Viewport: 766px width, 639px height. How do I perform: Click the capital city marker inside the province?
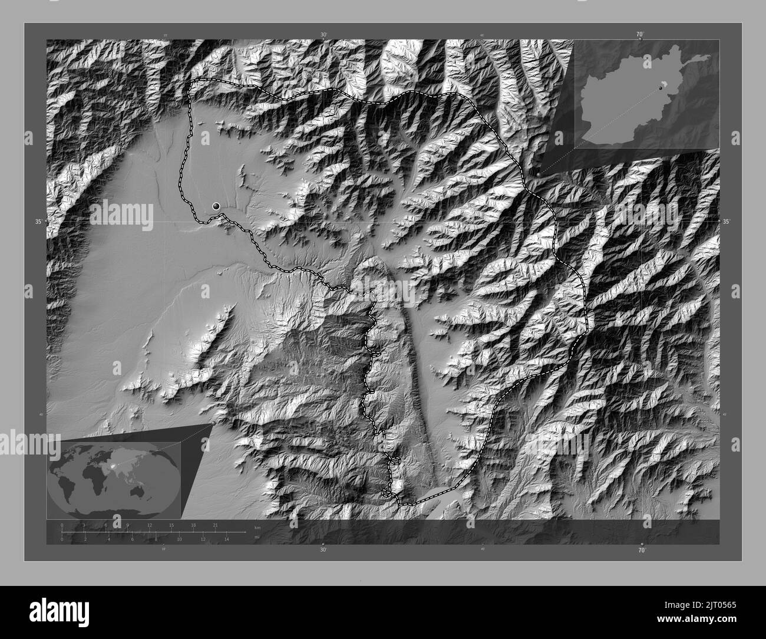(x=216, y=206)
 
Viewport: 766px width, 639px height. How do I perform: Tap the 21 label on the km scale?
(x=214, y=525)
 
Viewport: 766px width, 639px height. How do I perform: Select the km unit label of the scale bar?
(x=257, y=527)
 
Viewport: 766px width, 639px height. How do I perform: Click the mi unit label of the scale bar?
(x=256, y=537)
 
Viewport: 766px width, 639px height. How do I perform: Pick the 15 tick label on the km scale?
(x=171, y=525)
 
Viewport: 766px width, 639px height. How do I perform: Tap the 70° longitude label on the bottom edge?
(x=642, y=549)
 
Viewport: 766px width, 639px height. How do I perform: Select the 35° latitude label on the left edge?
(x=38, y=222)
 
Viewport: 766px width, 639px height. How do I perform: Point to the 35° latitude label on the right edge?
(x=727, y=222)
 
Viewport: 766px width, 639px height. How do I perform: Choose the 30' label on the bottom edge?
(x=323, y=549)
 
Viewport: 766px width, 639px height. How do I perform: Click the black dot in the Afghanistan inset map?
(x=661, y=88)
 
